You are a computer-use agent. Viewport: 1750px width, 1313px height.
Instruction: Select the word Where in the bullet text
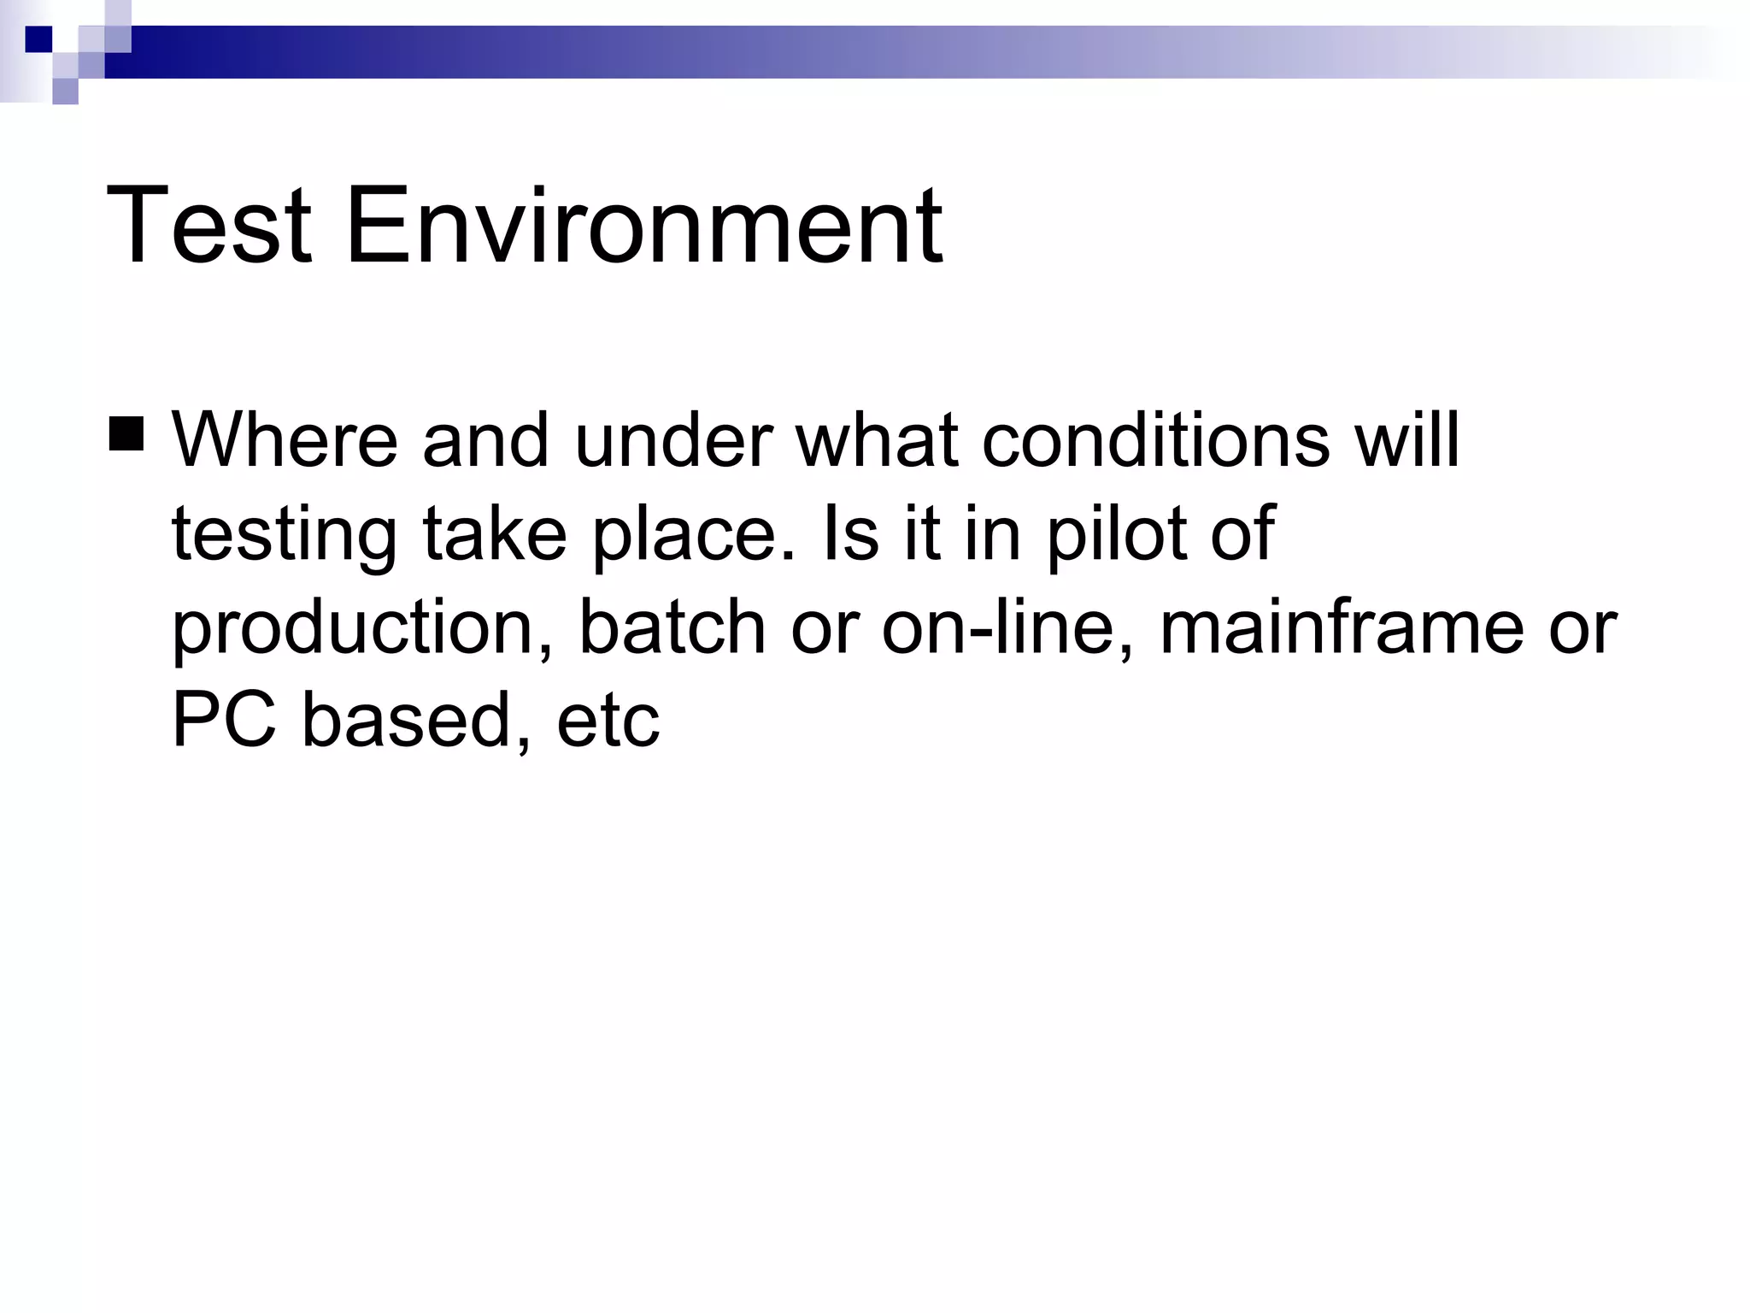pos(285,441)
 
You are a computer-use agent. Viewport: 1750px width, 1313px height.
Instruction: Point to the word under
pos(673,441)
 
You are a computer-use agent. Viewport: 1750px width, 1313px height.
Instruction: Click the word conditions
pos(1155,441)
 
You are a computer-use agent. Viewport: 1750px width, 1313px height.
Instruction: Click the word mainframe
pos(1342,627)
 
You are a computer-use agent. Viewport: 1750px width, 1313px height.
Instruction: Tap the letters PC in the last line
pos(224,720)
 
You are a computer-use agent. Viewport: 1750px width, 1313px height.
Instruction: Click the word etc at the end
pos(608,721)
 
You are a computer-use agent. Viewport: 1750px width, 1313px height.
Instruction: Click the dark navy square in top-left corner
pos(38,39)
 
